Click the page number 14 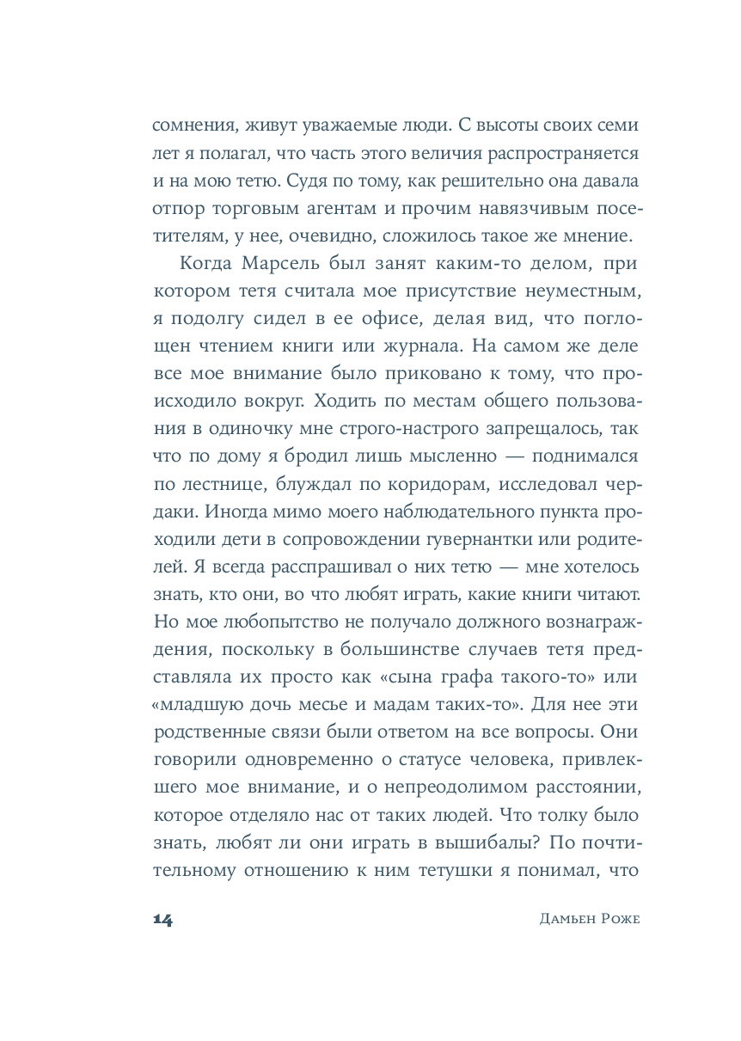pos(162,919)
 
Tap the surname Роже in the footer pos(618,919)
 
